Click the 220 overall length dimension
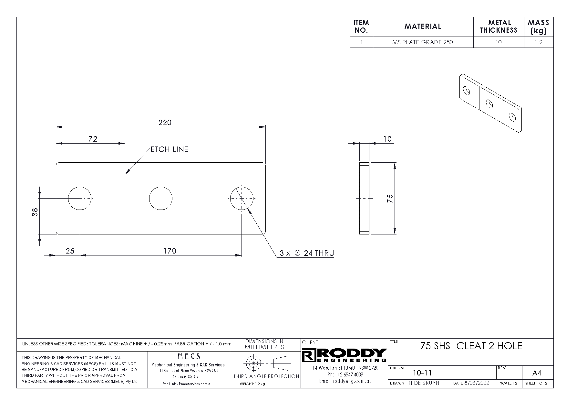[x=165, y=123]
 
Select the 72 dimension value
[x=93, y=139]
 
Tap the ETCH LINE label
[x=169, y=149]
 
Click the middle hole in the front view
[x=160, y=198]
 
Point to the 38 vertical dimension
[x=35, y=212]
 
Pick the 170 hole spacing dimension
[x=170, y=251]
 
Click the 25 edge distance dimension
[x=70, y=251]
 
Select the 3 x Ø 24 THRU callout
[x=306, y=253]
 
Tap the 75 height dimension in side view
[x=390, y=198]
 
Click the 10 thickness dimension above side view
[x=387, y=139]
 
